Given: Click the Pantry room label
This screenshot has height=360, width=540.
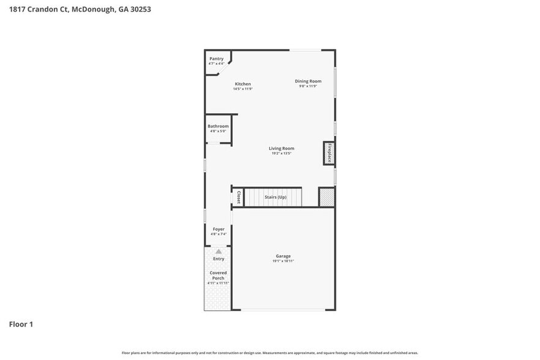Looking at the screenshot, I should point(216,59).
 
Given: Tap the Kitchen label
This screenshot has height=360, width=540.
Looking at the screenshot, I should point(242,84).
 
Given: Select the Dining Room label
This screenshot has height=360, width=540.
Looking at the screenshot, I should point(308,81).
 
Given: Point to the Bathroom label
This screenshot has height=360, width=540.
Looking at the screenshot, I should point(218,126).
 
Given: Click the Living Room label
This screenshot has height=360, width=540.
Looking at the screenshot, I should point(282,148).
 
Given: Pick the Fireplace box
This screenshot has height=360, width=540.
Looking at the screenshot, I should point(329,153).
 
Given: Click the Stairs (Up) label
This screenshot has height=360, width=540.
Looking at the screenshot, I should point(275,197).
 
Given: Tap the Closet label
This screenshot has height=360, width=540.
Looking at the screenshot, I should point(238,197).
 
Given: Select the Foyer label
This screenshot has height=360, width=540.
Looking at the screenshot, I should point(219,229).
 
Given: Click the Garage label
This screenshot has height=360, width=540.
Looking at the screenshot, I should point(283,256).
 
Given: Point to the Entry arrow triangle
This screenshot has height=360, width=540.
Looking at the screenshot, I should point(219,251).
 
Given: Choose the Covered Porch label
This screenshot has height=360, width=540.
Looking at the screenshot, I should point(218,275).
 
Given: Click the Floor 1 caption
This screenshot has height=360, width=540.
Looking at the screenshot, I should point(21,324).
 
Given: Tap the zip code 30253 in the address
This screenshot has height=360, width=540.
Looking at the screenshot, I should point(140,10).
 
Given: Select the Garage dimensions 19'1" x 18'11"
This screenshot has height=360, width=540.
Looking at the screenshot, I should point(283,261).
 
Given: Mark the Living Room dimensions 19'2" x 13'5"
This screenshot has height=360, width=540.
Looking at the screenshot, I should point(282,154).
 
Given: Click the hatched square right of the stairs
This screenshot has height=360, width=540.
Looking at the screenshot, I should point(327,197).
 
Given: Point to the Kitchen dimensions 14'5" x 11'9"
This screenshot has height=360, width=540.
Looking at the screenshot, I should point(242,89).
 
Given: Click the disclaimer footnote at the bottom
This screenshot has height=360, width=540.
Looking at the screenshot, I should point(269,353).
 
